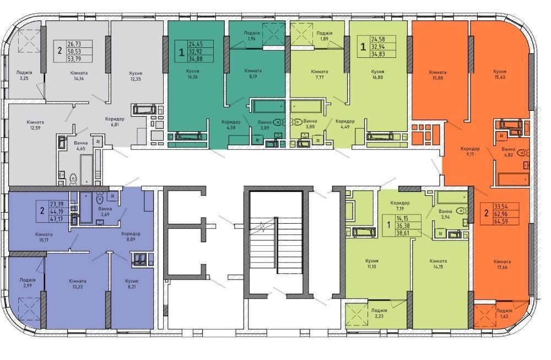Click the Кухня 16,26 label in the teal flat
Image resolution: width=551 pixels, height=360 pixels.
pyautogui.click(x=192, y=73)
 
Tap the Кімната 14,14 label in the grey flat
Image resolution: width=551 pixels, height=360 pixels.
pyautogui.click(x=79, y=76)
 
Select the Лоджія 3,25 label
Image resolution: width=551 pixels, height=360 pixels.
pyautogui.click(x=24, y=75)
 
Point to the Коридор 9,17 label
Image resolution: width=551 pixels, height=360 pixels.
pyautogui.click(x=470, y=151)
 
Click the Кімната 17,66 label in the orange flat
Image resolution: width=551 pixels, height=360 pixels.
pyautogui.click(x=502, y=265)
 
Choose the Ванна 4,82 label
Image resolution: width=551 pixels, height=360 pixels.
pyautogui.click(x=509, y=152)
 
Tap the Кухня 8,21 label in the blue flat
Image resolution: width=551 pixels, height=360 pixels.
pyautogui.click(x=132, y=284)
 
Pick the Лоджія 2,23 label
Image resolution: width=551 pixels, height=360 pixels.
pyautogui.click(x=379, y=313)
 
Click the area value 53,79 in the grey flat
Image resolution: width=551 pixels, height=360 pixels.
pyautogui.click(x=74, y=58)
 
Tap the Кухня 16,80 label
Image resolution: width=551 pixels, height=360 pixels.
pyautogui.click(x=377, y=74)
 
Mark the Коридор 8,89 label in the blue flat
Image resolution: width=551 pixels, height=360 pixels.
pyautogui.click(x=131, y=237)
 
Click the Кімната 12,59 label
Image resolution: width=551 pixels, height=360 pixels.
pyautogui.click(x=35, y=125)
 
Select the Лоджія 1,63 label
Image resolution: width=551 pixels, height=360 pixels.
pyautogui.click(x=504, y=313)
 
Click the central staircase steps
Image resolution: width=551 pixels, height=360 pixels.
pyautogui.click(x=276, y=245)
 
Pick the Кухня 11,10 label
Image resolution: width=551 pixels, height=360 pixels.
pyautogui.click(x=371, y=264)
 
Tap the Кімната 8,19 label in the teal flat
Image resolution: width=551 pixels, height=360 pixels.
pyautogui.click(x=253, y=73)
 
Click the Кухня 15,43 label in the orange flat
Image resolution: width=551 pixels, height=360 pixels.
pyautogui.click(x=499, y=74)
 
